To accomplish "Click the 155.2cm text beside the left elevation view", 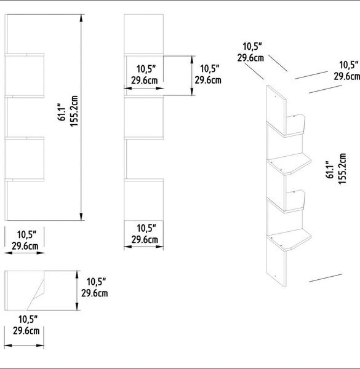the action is click(74, 111).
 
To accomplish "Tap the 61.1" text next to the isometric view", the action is click(330, 170).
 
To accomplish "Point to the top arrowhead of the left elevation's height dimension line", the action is click(81, 18).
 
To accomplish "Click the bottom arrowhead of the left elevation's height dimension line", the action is click(81, 216).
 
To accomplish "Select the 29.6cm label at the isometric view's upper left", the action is click(250, 58).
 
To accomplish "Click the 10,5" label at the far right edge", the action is click(349, 65).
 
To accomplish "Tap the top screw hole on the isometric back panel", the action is click(274, 96).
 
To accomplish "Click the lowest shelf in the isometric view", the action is click(290, 240).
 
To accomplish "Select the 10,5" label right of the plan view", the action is click(96, 282).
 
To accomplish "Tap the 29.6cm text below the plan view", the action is click(26, 331).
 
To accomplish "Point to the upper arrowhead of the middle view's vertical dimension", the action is click(192, 60).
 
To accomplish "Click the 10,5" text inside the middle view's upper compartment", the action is click(146, 69).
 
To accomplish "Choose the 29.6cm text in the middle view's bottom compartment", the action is click(145, 240).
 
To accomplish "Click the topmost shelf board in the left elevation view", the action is click(25, 55).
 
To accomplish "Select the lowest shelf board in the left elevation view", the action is click(25, 180).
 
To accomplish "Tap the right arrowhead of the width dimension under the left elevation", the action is click(41, 253).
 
